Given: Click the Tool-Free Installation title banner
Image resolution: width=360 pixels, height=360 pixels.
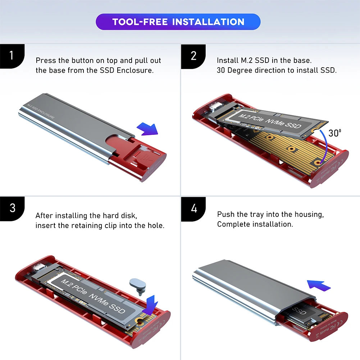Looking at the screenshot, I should pos(178,22).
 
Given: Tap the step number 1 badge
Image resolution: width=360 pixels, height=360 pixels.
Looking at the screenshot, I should pos(12,56).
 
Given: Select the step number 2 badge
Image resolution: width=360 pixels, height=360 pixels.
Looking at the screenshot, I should pos(193,56).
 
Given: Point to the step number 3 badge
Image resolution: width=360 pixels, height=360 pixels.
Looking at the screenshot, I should pos(12,208).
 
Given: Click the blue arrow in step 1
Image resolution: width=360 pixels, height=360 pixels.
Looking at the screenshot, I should pos(147,129).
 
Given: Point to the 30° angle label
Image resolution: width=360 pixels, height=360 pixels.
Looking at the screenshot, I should pos(335,133).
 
